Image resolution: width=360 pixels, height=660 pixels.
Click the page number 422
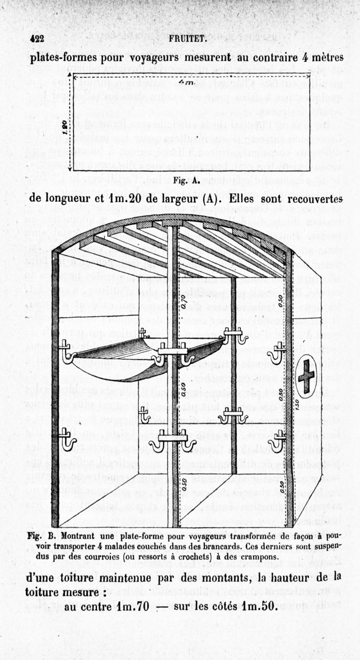pos(36,39)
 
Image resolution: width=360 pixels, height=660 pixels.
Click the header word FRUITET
pos(188,39)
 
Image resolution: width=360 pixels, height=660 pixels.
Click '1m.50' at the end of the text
pos(257,606)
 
